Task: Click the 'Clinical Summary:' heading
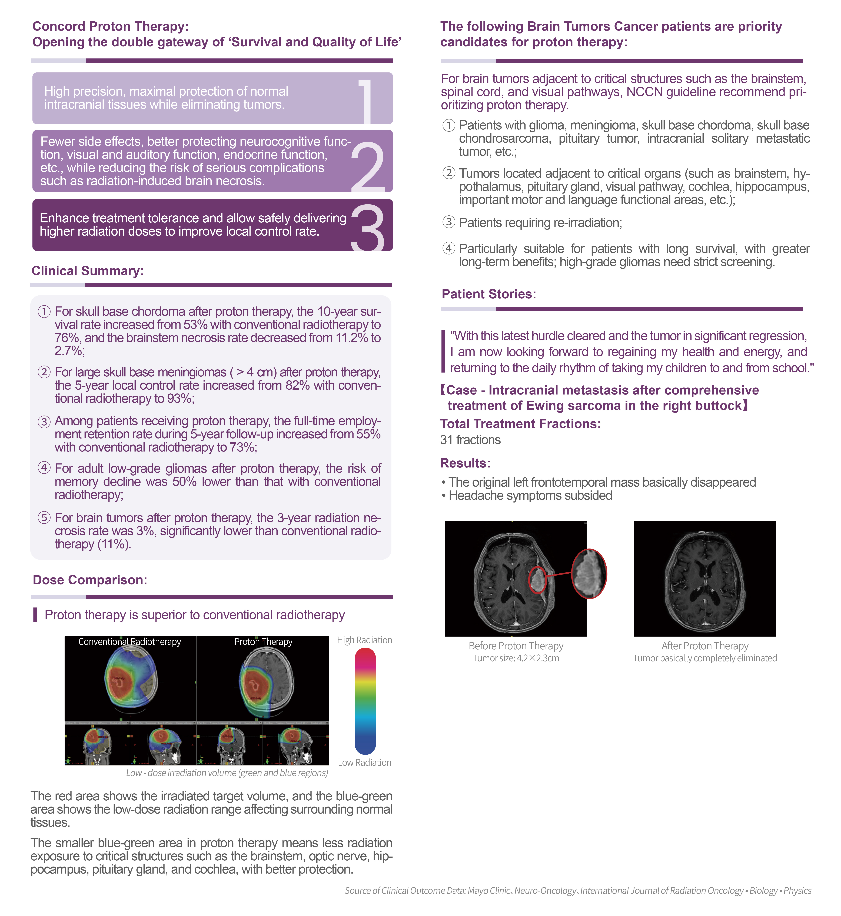87,271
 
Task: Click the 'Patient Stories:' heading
489,294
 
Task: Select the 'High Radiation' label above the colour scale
364,640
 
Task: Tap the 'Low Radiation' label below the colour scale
364,763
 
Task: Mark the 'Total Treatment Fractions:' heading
520,424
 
